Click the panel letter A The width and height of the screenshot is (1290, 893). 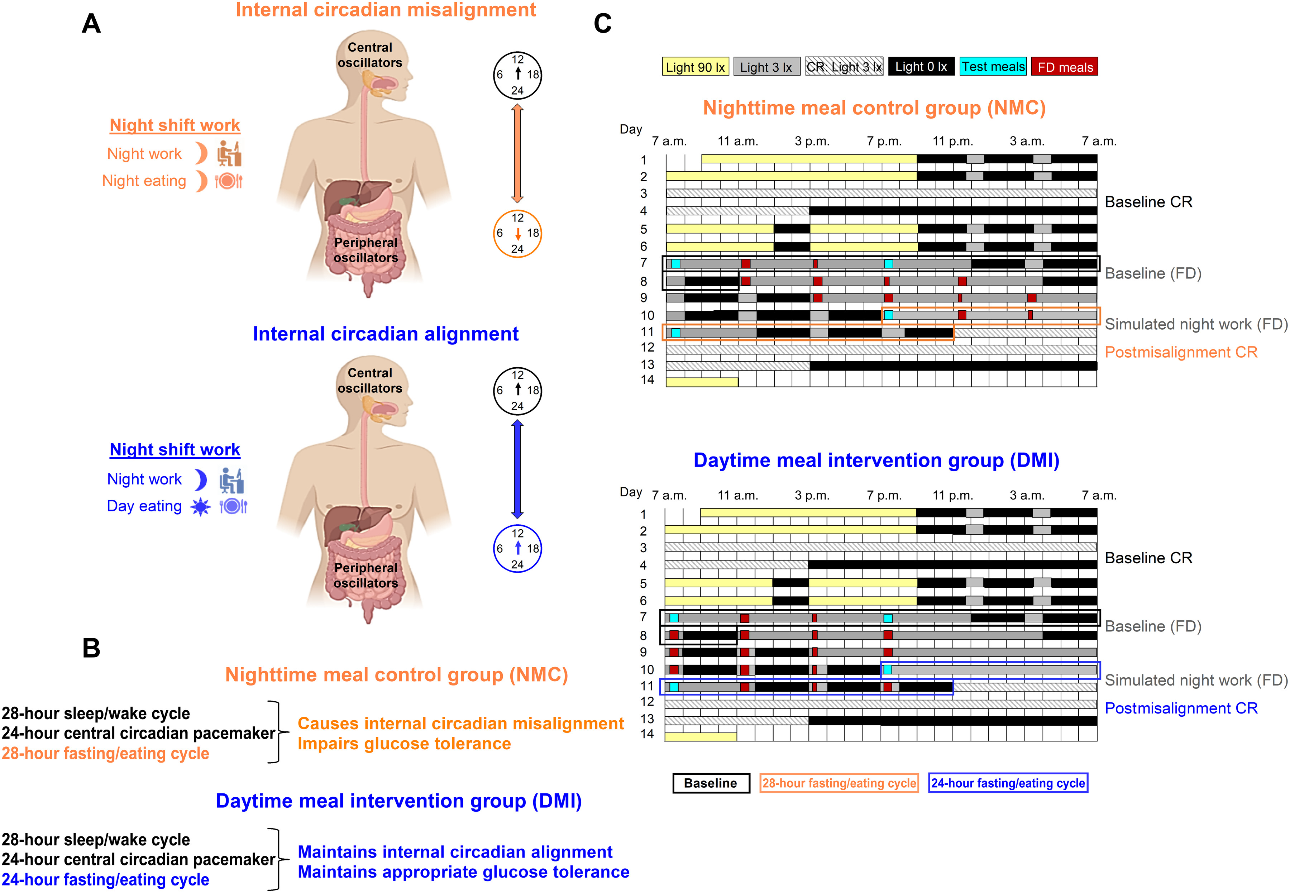pos(91,24)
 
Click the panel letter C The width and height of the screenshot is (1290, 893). pos(602,24)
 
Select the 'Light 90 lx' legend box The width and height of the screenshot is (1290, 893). pos(696,67)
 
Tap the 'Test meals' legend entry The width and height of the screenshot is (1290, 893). pos(993,67)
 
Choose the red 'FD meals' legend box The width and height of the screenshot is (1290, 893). pos(1065,67)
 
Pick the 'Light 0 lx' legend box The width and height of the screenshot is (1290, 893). pos(921,67)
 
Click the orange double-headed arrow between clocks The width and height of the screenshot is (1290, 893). pos(517,153)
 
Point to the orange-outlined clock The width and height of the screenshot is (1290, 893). pos(517,233)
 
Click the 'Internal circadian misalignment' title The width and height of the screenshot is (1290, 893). pos(386,10)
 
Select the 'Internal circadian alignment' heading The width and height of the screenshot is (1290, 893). pos(386,334)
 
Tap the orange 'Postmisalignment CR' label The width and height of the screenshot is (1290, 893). pos(1181,353)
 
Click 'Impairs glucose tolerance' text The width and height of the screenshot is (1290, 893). pos(404,744)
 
